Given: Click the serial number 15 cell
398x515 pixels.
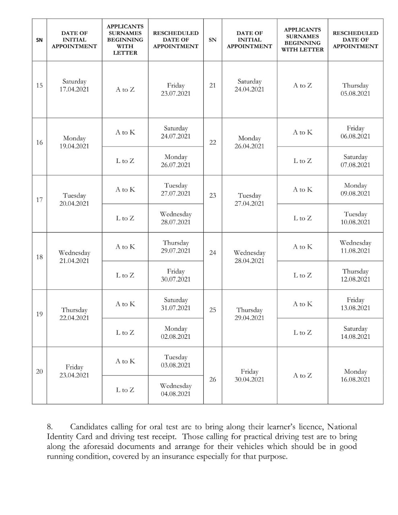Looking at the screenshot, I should tap(39, 85).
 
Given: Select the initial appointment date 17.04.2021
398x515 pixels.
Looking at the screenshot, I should tap(74, 89).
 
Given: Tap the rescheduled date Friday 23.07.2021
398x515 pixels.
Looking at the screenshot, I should tap(175, 89).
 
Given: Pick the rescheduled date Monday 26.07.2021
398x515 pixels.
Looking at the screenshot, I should tap(175, 161).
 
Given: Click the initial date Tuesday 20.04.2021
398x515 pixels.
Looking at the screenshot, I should tap(74, 200).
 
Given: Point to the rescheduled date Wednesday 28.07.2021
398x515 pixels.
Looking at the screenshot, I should tap(175, 218).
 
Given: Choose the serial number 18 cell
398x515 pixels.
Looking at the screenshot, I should tap(39, 257).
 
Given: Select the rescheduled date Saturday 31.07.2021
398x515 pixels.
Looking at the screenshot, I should tap(175, 304).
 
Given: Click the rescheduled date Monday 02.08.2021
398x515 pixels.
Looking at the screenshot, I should tap(175, 333).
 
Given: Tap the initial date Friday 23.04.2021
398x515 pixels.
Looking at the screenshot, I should tap(74, 371).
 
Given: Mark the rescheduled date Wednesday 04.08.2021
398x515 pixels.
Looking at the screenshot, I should tap(175, 390).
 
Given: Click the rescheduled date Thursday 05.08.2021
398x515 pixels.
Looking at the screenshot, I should tap(355, 89).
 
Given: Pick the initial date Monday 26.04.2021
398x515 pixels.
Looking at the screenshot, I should tap(250, 142).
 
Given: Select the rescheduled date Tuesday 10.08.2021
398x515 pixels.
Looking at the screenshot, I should tap(355, 218).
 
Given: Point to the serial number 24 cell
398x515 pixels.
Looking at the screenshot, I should tap(212, 253).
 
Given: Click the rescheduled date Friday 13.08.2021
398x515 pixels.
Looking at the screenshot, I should tap(355, 304).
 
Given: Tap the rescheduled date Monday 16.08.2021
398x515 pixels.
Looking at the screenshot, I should tap(355, 375).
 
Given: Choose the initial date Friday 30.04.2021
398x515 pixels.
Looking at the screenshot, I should tap(250, 375).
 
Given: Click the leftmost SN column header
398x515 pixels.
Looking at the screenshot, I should tap(39, 40).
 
